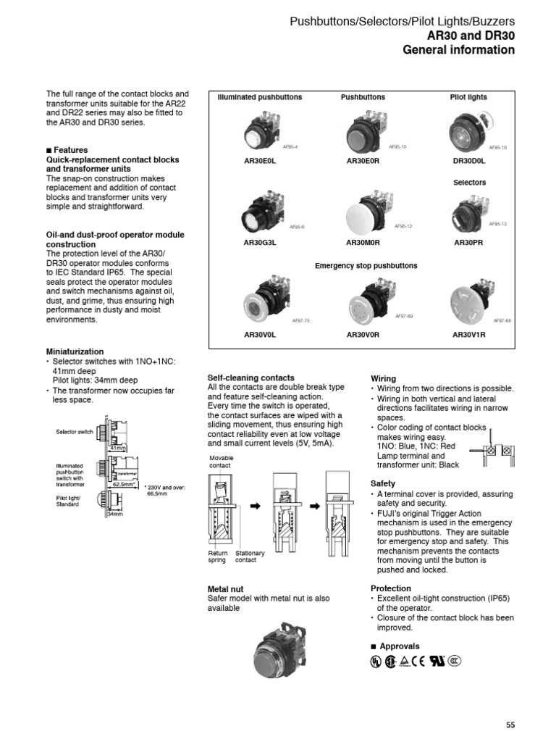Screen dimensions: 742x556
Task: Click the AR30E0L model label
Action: click(261, 162)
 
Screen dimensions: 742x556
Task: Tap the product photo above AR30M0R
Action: click(366, 211)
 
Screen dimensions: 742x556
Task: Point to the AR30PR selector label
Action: click(468, 243)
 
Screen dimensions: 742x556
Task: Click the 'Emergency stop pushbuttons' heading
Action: click(366, 266)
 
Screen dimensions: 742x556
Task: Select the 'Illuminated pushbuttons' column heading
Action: click(261, 97)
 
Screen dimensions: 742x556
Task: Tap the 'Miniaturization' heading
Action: click(75, 351)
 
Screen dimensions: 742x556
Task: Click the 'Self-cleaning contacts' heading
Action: click(250, 378)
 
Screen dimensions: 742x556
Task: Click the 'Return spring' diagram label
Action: click(217, 556)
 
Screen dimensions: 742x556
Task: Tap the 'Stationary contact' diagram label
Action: click(250, 556)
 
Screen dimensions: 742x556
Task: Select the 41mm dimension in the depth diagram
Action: click(116, 449)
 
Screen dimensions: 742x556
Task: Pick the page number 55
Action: click(510, 725)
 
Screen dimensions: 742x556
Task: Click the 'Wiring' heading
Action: click(383, 378)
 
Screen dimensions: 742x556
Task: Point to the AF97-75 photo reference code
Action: click(301, 320)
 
